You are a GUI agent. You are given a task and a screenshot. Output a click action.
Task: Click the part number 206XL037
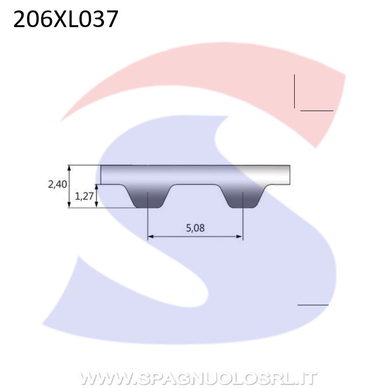pos(65,19)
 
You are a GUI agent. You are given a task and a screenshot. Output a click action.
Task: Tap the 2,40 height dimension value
pos(57,184)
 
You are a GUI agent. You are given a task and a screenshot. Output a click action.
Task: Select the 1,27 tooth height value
pos(84,196)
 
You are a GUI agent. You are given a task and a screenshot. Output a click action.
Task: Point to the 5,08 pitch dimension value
pos(195,228)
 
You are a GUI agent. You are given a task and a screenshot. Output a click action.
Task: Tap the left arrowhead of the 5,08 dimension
pos(151,237)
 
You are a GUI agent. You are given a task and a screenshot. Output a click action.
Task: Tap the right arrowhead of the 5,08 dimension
pos(240,237)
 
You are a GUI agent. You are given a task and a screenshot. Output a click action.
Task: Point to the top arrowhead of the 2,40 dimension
pos(70,168)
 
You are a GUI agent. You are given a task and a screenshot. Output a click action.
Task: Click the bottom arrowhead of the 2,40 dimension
pos(70,204)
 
